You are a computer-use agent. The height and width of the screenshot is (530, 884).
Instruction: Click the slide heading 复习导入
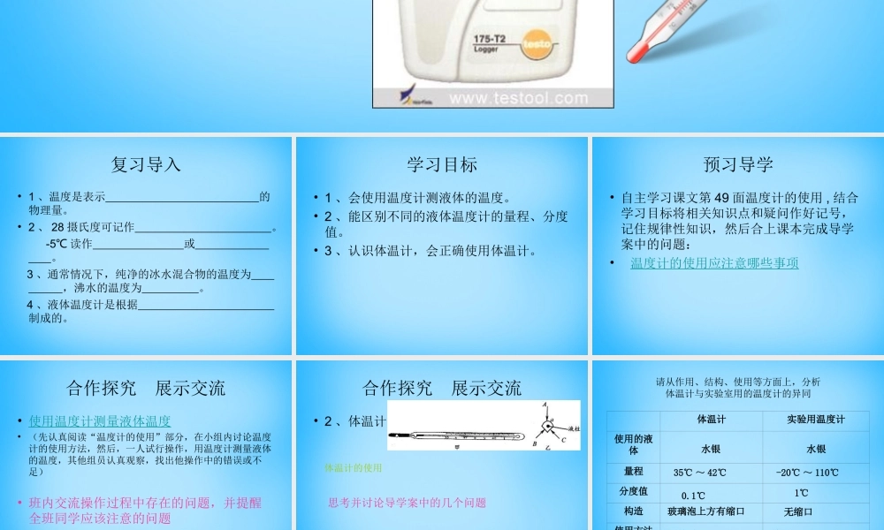tap(146, 164)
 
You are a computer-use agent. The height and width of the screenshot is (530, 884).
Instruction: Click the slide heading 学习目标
tap(442, 164)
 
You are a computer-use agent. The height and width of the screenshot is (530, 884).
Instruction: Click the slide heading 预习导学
tap(738, 164)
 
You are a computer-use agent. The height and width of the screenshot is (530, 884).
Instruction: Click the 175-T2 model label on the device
tap(490, 40)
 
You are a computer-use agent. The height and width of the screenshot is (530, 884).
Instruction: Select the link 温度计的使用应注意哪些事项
tap(714, 263)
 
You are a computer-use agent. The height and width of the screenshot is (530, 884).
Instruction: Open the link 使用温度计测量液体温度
tap(100, 421)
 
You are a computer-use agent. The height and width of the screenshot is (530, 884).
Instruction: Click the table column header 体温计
tap(713, 419)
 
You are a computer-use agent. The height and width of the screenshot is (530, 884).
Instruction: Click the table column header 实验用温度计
tap(815, 419)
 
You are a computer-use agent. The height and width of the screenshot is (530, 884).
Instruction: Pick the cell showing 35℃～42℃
tap(700, 473)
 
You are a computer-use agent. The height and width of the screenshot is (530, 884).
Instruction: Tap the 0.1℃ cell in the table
tap(693, 495)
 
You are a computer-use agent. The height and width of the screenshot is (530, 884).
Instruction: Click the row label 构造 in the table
tap(633, 511)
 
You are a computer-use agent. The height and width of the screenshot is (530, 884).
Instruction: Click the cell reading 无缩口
tap(797, 511)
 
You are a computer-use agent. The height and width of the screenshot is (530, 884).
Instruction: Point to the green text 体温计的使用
tap(354, 467)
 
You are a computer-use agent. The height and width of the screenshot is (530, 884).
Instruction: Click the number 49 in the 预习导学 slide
tap(720, 198)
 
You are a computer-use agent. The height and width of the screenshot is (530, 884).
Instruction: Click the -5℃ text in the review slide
tap(57, 243)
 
